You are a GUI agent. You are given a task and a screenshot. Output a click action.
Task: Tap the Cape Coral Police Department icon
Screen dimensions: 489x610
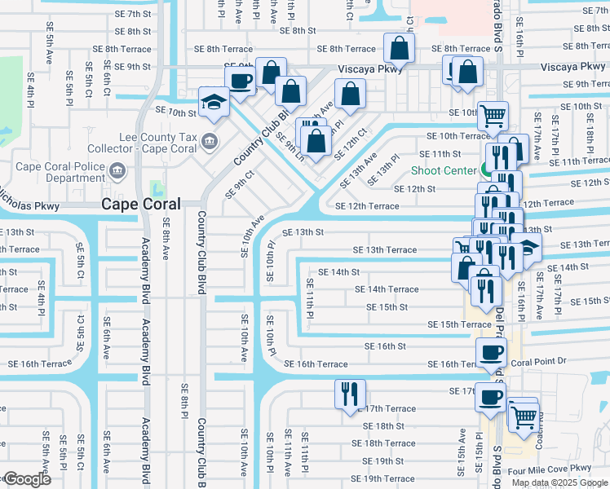tap(118, 171)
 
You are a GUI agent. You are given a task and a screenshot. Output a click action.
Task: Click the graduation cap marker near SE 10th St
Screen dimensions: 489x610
tap(214, 102)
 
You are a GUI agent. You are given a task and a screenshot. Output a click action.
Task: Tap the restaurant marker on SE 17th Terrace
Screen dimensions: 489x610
tap(350, 394)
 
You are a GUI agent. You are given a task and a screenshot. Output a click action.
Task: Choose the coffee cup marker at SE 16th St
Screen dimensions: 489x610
tap(490, 353)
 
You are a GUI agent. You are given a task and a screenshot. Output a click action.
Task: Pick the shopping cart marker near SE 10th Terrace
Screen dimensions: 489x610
tap(493, 117)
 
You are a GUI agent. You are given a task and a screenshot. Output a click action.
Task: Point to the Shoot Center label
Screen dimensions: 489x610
tap(443, 170)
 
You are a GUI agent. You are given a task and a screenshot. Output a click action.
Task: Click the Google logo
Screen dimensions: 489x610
tap(27, 478)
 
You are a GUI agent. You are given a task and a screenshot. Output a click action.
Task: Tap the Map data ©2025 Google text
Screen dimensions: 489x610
tap(560, 482)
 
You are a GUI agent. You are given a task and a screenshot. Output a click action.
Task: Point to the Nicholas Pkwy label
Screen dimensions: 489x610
tap(29, 206)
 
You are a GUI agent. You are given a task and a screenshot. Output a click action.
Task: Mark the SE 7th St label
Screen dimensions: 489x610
tap(133, 14)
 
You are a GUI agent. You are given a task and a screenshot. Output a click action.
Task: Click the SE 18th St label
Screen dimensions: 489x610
tap(383, 425)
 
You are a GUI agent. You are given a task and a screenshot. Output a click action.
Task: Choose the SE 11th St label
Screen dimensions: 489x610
tap(440, 153)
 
